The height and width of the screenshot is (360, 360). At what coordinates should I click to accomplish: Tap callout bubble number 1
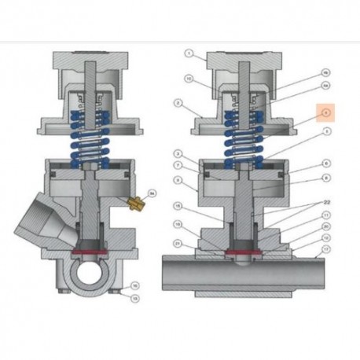point(189,54)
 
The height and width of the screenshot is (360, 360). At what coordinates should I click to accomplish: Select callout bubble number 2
point(179,103)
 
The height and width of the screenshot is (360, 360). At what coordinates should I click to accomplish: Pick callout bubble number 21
point(179,244)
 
